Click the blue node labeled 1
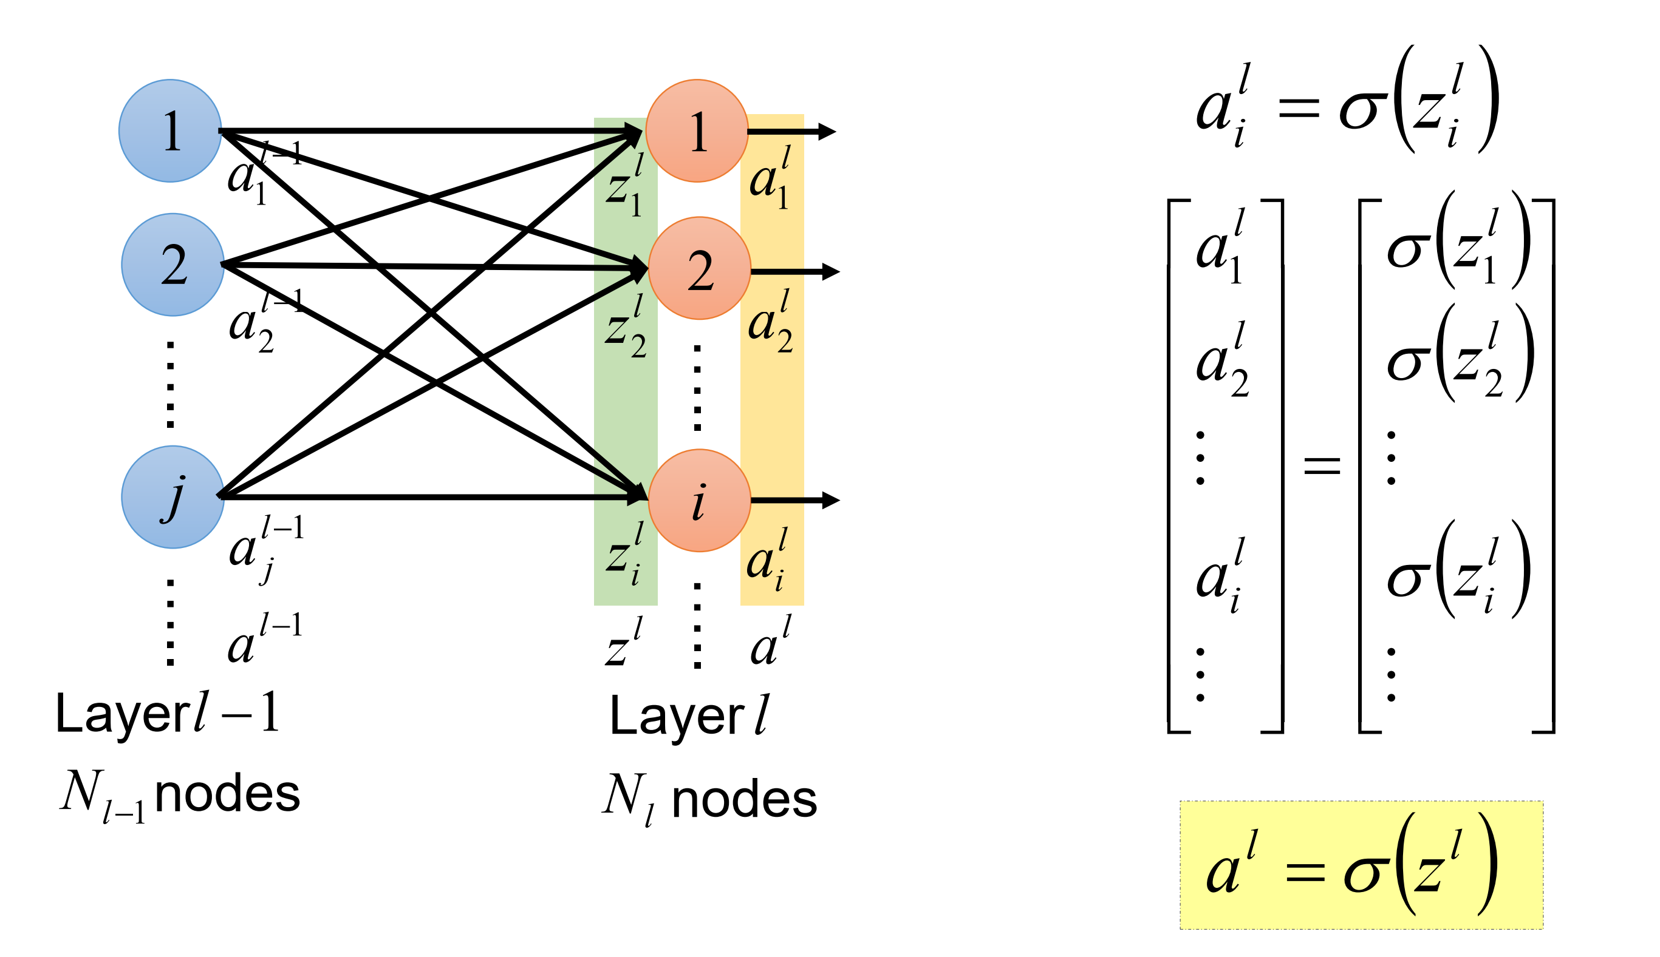pos(170,131)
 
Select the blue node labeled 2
pos(173,265)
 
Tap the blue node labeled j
pos(173,497)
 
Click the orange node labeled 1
pos(697,131)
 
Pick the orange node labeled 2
pos(700,268)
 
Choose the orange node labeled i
pos(700,500)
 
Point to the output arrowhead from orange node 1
pos(827,132)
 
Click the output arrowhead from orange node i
pos(832,500)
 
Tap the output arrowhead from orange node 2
pos(832,271)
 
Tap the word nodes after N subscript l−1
pos(227,794)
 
